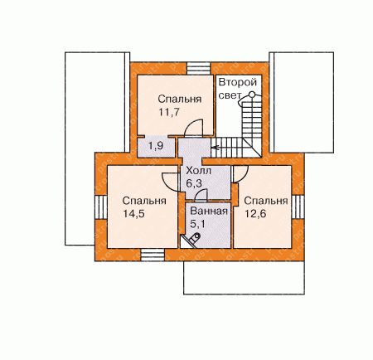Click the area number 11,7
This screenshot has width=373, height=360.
pos(169,112)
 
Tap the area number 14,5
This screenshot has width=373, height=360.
pos(133,214)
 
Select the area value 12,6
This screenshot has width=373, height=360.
pos(255,214)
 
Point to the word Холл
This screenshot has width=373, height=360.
pos(198,171)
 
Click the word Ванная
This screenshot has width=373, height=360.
pos(209,212)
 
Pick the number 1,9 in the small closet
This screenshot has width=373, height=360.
pos(156,145)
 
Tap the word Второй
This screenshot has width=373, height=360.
pos(238,82)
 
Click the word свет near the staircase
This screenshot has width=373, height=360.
pos(230,95)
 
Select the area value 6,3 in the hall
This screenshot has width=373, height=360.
pos(194,183)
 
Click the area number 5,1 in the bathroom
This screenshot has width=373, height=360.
pos(197,223)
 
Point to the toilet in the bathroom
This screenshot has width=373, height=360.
pos(194,239)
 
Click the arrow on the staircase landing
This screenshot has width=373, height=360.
pos(215,148)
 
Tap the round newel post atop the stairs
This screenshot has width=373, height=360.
pos(252,95)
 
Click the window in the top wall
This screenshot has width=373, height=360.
pos(199,68)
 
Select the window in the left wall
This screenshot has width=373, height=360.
pos(101,207)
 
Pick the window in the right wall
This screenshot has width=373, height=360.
pos(298,207)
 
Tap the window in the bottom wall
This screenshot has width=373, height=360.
pos(153,255)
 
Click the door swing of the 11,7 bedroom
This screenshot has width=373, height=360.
pos(193,128)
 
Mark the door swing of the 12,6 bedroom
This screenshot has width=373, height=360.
pos(240,174)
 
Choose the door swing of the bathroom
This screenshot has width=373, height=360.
pos(201,194)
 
